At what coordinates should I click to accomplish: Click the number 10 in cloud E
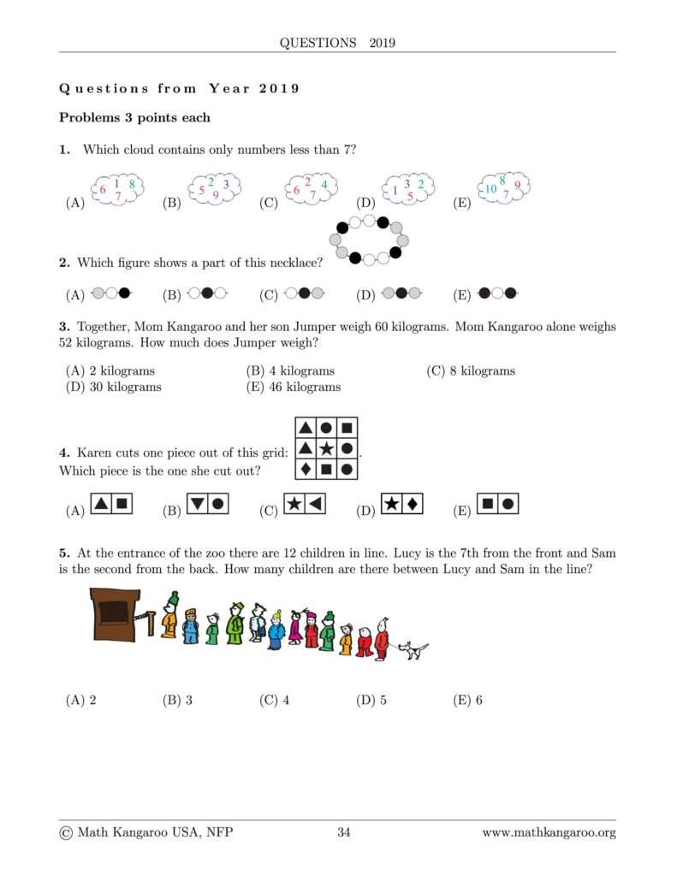click(490, 189)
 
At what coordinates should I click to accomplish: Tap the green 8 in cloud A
click(131, 183)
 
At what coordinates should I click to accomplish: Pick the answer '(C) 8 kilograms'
click(471, 371)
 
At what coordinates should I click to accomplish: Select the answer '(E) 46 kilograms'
click(293, 387)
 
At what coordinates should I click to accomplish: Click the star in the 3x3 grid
click(326, 447)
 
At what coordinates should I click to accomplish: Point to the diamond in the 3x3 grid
click(306, 468)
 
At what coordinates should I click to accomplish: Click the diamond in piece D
click(412, 505)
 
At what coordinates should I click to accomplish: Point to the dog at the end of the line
click(414, 651)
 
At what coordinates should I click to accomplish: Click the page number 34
click(344, 832)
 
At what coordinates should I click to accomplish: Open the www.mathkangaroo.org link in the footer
click(549, 832)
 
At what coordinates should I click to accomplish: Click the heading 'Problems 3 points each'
click(134, 117)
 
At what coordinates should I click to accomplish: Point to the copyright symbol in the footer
click(66, 832)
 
